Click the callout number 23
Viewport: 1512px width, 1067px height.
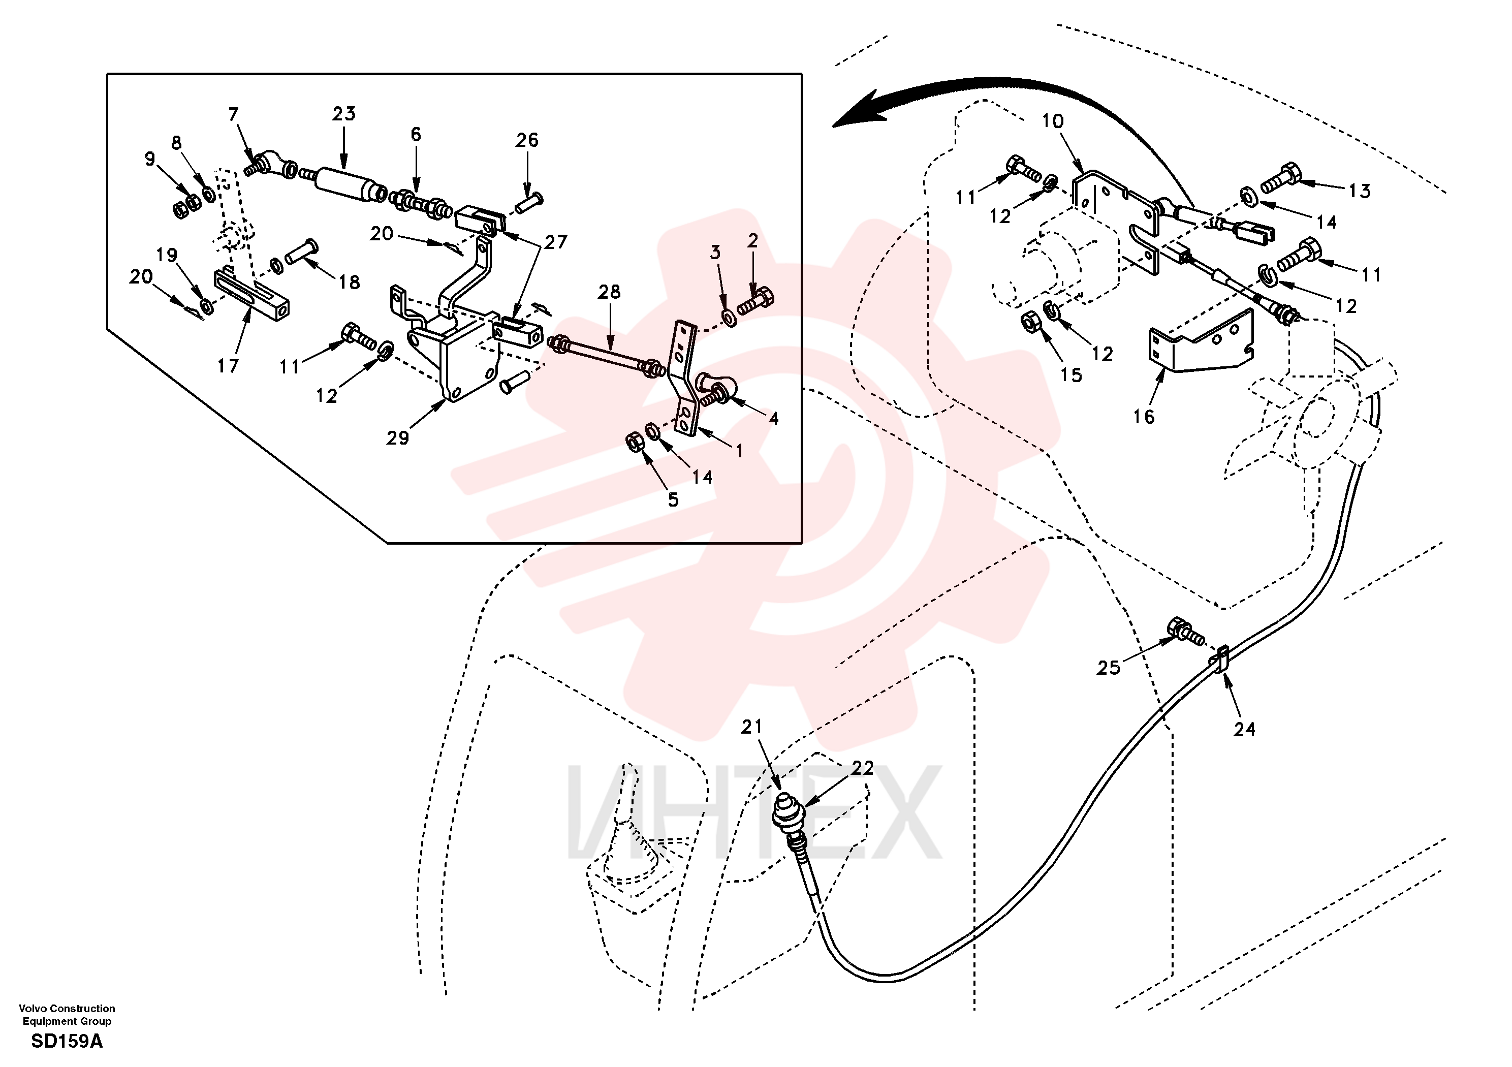pyautogui.click(x=344, y=114)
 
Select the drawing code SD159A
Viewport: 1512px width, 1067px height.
pyautogui.click(x=67, y=1041)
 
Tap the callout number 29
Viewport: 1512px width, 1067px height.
pyautogui.click(x=398, y=438)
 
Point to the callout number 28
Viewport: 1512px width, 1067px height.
pyautogui.click(x=609, y=292)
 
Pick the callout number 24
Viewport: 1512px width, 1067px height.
pyautogui.click(x=1245, y=729)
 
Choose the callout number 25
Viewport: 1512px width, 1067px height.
pyautogui.click(x=1108, y=668)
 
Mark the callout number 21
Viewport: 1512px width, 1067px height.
pyautogui.click(x=751, y=727)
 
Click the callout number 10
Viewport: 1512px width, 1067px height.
pyautogui.click(x=1052, y=121)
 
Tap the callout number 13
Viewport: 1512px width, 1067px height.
pyautogui.click(x=1359, y=191)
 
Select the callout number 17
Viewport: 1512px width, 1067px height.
pyautogui.click(x=228, y=366)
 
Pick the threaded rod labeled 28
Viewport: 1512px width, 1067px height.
pyautogui.click(x=605, y=356)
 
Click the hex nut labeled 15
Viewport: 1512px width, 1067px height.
pyautogui.click(x=1031, y=323)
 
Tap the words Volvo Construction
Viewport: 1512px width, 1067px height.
pyautogui.click(x=67, y=1009)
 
